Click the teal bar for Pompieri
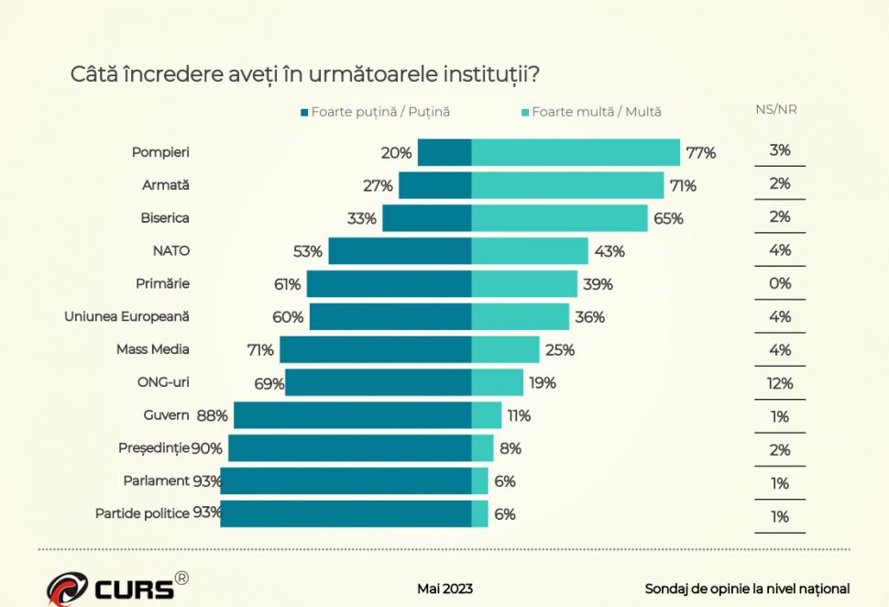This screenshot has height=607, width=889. pyautogui.click(x=576, y=152)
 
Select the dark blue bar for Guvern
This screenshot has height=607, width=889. pyautogui.click(x=353, y=415)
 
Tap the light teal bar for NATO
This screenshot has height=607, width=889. pyautogui.click(x=530, y=251)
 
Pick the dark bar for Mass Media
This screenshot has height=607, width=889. pyautogui.click(x=376, y=349)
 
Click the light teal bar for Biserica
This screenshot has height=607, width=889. pyautogui.click(x=560, y=218)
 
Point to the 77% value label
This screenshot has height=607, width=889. pyautogui.click(x=700, y=153)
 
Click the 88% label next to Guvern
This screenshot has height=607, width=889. pyautogui.click(x=212, y=415)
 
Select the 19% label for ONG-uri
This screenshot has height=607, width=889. pyautogui.click(x=542, y=383)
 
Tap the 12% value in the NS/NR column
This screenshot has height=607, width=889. pyautogui.click(x=779, y=383)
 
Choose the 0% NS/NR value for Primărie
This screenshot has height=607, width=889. pyautogui.click(x=779, y=283)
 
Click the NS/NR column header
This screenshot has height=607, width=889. pyautogui.click(x=775, y=109)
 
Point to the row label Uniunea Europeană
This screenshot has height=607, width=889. pyautogui.click(x=126, y=316)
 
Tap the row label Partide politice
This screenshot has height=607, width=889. pyautogui.click(x=142, y=513)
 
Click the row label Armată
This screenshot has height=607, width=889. pyautogui.click(x=166, y=184)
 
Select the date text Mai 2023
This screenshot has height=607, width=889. pyautogui.click(x=444, y=589)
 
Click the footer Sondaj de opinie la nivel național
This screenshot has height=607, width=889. pyautogui.click(x=747, y=589)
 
